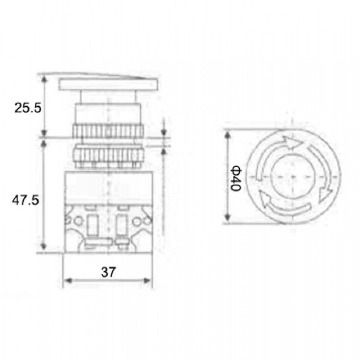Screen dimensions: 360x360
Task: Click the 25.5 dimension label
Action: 28,108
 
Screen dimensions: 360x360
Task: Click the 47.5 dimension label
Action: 26,201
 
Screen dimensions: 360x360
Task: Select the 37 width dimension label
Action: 108,272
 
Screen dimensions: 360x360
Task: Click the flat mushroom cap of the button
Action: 108,84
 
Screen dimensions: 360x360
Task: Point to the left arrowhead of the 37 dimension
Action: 68,280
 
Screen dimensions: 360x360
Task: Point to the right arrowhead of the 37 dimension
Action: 147,280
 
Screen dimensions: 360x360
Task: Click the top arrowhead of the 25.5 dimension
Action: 45,78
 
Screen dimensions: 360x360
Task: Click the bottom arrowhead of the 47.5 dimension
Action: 44,246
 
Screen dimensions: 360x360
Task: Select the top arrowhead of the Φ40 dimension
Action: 228,135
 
